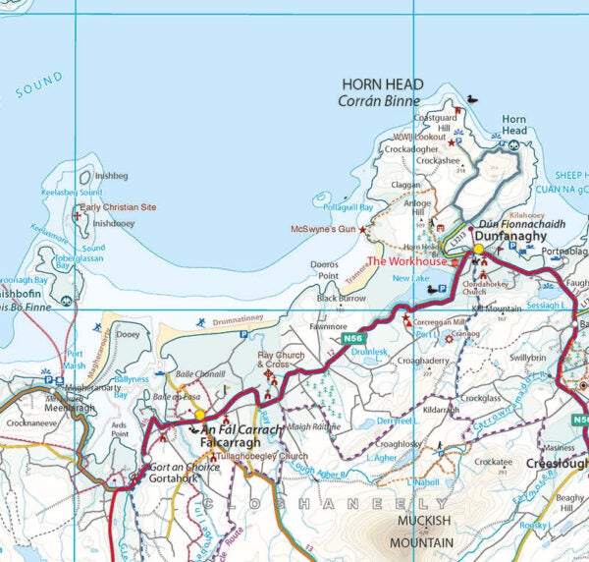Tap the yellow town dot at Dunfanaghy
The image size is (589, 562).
pos(478,250)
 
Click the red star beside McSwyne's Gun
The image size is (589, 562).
pos(362,229)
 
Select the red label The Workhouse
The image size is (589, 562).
pos(406,262)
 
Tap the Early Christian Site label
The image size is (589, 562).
pos(118,207)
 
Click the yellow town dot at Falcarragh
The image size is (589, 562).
pos(199,415)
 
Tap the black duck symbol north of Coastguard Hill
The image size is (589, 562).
pos(471,99)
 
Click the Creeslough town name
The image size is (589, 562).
pos(557,463)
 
